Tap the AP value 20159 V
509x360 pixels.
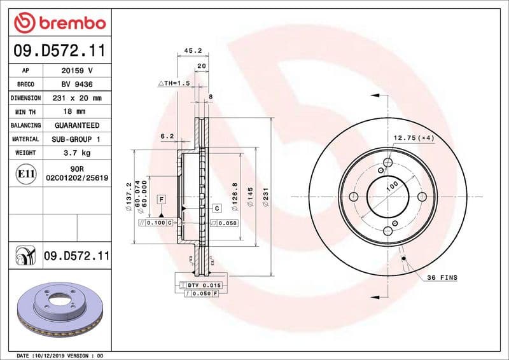(x=77, y=71)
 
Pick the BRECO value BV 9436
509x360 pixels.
(x=77, y=85)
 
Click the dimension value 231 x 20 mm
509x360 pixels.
(x=77, y=99)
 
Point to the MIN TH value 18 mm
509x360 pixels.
(x=77, y=112)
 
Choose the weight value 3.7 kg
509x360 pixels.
(x=77, y=153)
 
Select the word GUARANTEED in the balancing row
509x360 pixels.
(x=77, y=125)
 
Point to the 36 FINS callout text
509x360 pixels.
(x=442, y=278)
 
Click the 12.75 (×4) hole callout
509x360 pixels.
(x=413, y=138)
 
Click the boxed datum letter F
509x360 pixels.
(x=162, y=200)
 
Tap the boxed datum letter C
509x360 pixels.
(x=216, y=208)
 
